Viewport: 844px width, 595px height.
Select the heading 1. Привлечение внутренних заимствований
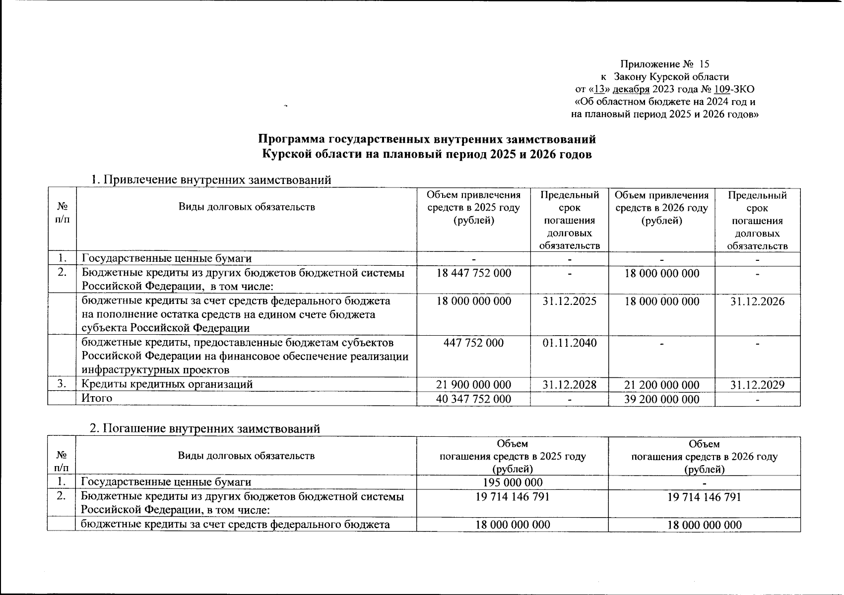[210, 179]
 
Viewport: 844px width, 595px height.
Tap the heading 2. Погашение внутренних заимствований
[204, 428]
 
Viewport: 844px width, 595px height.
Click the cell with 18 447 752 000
[473, 273]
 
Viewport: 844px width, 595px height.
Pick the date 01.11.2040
[569, 343]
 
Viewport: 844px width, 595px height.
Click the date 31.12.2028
[569, 385]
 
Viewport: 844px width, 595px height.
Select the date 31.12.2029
[757, 385]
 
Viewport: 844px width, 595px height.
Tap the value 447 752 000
[473, 343]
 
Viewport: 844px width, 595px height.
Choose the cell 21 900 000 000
[473, 385]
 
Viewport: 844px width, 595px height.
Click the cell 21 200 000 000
[662, 385]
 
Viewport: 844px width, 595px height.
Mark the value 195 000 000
[513, 482]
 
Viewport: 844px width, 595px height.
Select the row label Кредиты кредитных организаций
[167, 384]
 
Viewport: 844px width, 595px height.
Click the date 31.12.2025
[569, 301]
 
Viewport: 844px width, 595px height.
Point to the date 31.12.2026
[757, 301]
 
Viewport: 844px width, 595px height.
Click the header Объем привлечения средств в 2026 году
[662, 208]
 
